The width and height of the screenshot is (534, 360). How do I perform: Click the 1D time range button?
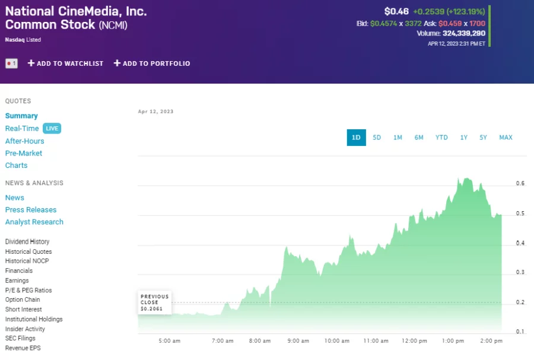[356, 138]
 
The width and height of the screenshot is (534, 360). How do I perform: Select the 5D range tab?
[377, 138]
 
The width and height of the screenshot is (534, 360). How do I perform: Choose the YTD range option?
[441, 138]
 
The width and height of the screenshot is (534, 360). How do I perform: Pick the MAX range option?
[506, 138]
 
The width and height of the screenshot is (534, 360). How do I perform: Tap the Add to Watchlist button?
[65, 63]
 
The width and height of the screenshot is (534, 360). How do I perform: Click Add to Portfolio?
[152, 63]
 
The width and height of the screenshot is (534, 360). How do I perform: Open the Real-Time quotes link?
[22, 129]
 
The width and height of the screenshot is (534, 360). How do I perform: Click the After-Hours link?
[24, 141]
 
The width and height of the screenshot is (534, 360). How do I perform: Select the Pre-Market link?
[24, 153]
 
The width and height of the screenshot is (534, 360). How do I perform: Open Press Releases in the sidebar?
[31, 210]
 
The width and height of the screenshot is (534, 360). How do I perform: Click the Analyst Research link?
[34, 222]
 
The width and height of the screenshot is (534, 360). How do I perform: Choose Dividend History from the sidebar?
[27, 242]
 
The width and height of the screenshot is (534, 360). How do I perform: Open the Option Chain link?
[23, 300]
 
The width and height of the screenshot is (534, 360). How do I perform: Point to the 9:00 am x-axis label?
[297, 341]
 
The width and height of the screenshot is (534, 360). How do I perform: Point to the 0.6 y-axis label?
[520, 184]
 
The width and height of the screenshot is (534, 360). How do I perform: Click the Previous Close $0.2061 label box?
[155, 302]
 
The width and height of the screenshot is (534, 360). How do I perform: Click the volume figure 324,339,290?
[463, 33]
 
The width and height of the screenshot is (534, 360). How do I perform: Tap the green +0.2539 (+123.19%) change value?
[449, 11]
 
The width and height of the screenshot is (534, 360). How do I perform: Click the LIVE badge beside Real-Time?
[52, 128]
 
